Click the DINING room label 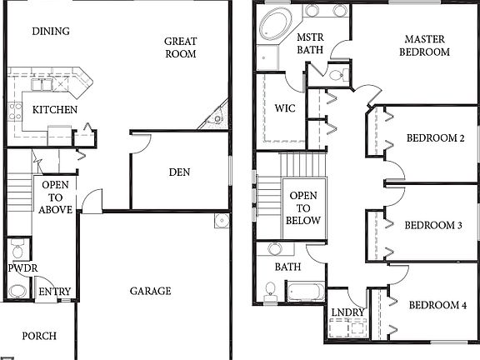tap(50, 32)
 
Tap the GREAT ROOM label tap(180, 47)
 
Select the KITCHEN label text tap(55, 110)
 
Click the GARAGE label tap(150, 291)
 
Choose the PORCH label tap(39, 336)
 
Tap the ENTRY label tap(55, 292)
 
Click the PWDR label tap(19, 269)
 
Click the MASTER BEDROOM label tap(427, 45)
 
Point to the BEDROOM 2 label tap(435, 138)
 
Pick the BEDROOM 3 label tap(433, 225)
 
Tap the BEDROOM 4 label tap(437, 305)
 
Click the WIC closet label tap(284, 109)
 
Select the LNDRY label tap(347, 312)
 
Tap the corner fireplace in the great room tap(217, 117)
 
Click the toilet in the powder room tap(17, 292)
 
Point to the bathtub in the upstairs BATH tap(305, 291)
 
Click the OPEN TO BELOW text tap(303, 208)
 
